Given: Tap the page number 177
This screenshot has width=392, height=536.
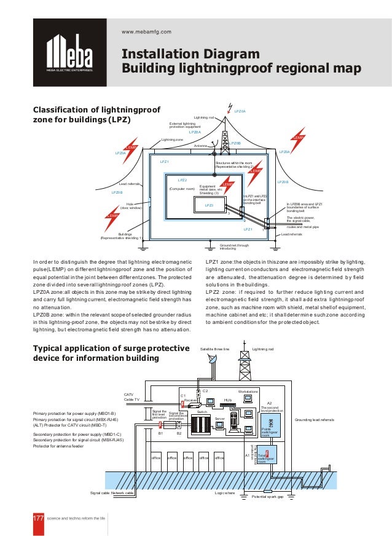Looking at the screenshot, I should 39,518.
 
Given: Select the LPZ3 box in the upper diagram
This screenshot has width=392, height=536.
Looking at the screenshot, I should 209,205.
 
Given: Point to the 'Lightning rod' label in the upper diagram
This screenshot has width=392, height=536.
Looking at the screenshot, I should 203,117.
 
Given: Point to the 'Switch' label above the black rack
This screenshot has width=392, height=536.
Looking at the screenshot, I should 202,411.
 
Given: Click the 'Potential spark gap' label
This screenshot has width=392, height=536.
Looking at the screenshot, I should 268,497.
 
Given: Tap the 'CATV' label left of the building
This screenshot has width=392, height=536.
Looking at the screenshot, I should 128,394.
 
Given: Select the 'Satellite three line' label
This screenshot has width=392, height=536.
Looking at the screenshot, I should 215,349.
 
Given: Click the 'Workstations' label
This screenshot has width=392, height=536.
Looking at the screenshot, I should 248,391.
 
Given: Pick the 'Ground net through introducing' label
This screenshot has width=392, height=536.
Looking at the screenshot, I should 234,246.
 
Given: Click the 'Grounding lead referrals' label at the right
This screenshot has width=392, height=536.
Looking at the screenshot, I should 315,419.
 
